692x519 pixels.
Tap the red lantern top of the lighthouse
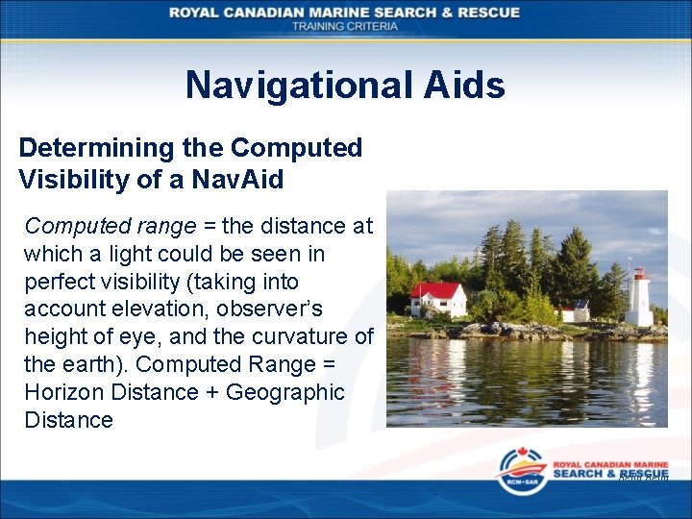[638, 274]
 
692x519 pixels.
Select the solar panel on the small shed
[581, 303]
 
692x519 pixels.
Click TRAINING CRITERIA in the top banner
[345, 26]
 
